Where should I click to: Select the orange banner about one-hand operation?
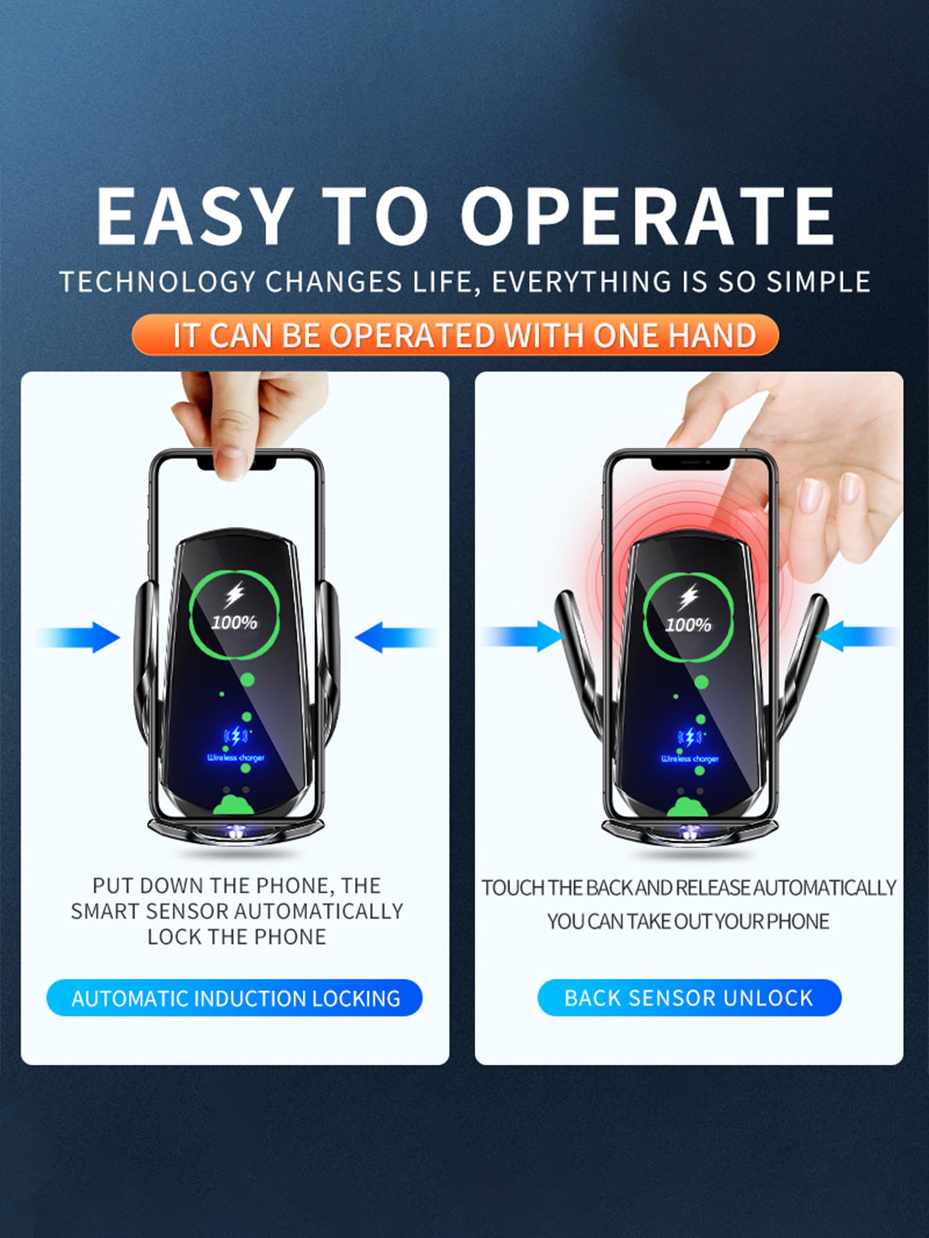tap(455, 335)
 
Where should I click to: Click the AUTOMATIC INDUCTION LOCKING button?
tap(234, 998)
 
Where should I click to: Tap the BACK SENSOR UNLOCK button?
tap(689, 997)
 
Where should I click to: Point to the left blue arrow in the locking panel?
tap(78, 637)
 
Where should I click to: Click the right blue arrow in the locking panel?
tap(396, 637)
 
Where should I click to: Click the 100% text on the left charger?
tap(234, 622)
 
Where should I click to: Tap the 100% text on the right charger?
tap(688, 625)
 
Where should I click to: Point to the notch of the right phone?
tap(689, 462)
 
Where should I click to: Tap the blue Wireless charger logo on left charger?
tap(236, 743)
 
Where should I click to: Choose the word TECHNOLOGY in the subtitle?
tap(157, 282)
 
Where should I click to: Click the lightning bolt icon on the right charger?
tap(688, 598)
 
